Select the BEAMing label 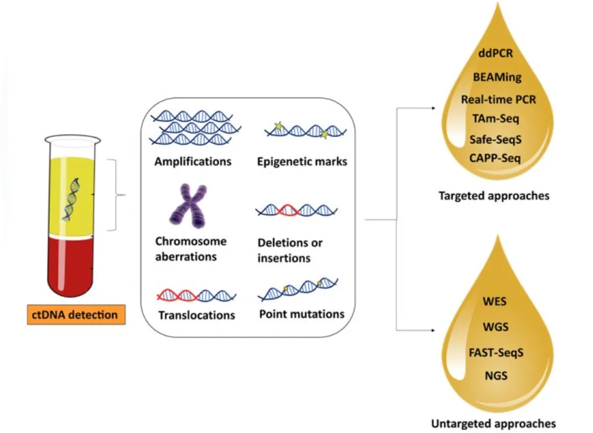coord(498,78)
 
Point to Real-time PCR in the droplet coord(498,99)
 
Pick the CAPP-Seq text coord(498,158)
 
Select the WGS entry coord(494,328)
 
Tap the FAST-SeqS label coord(494,352)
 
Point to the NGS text coord(494,376)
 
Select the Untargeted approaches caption coord(493,423)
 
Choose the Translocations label coord(197,315)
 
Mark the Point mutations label coord(301,314)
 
